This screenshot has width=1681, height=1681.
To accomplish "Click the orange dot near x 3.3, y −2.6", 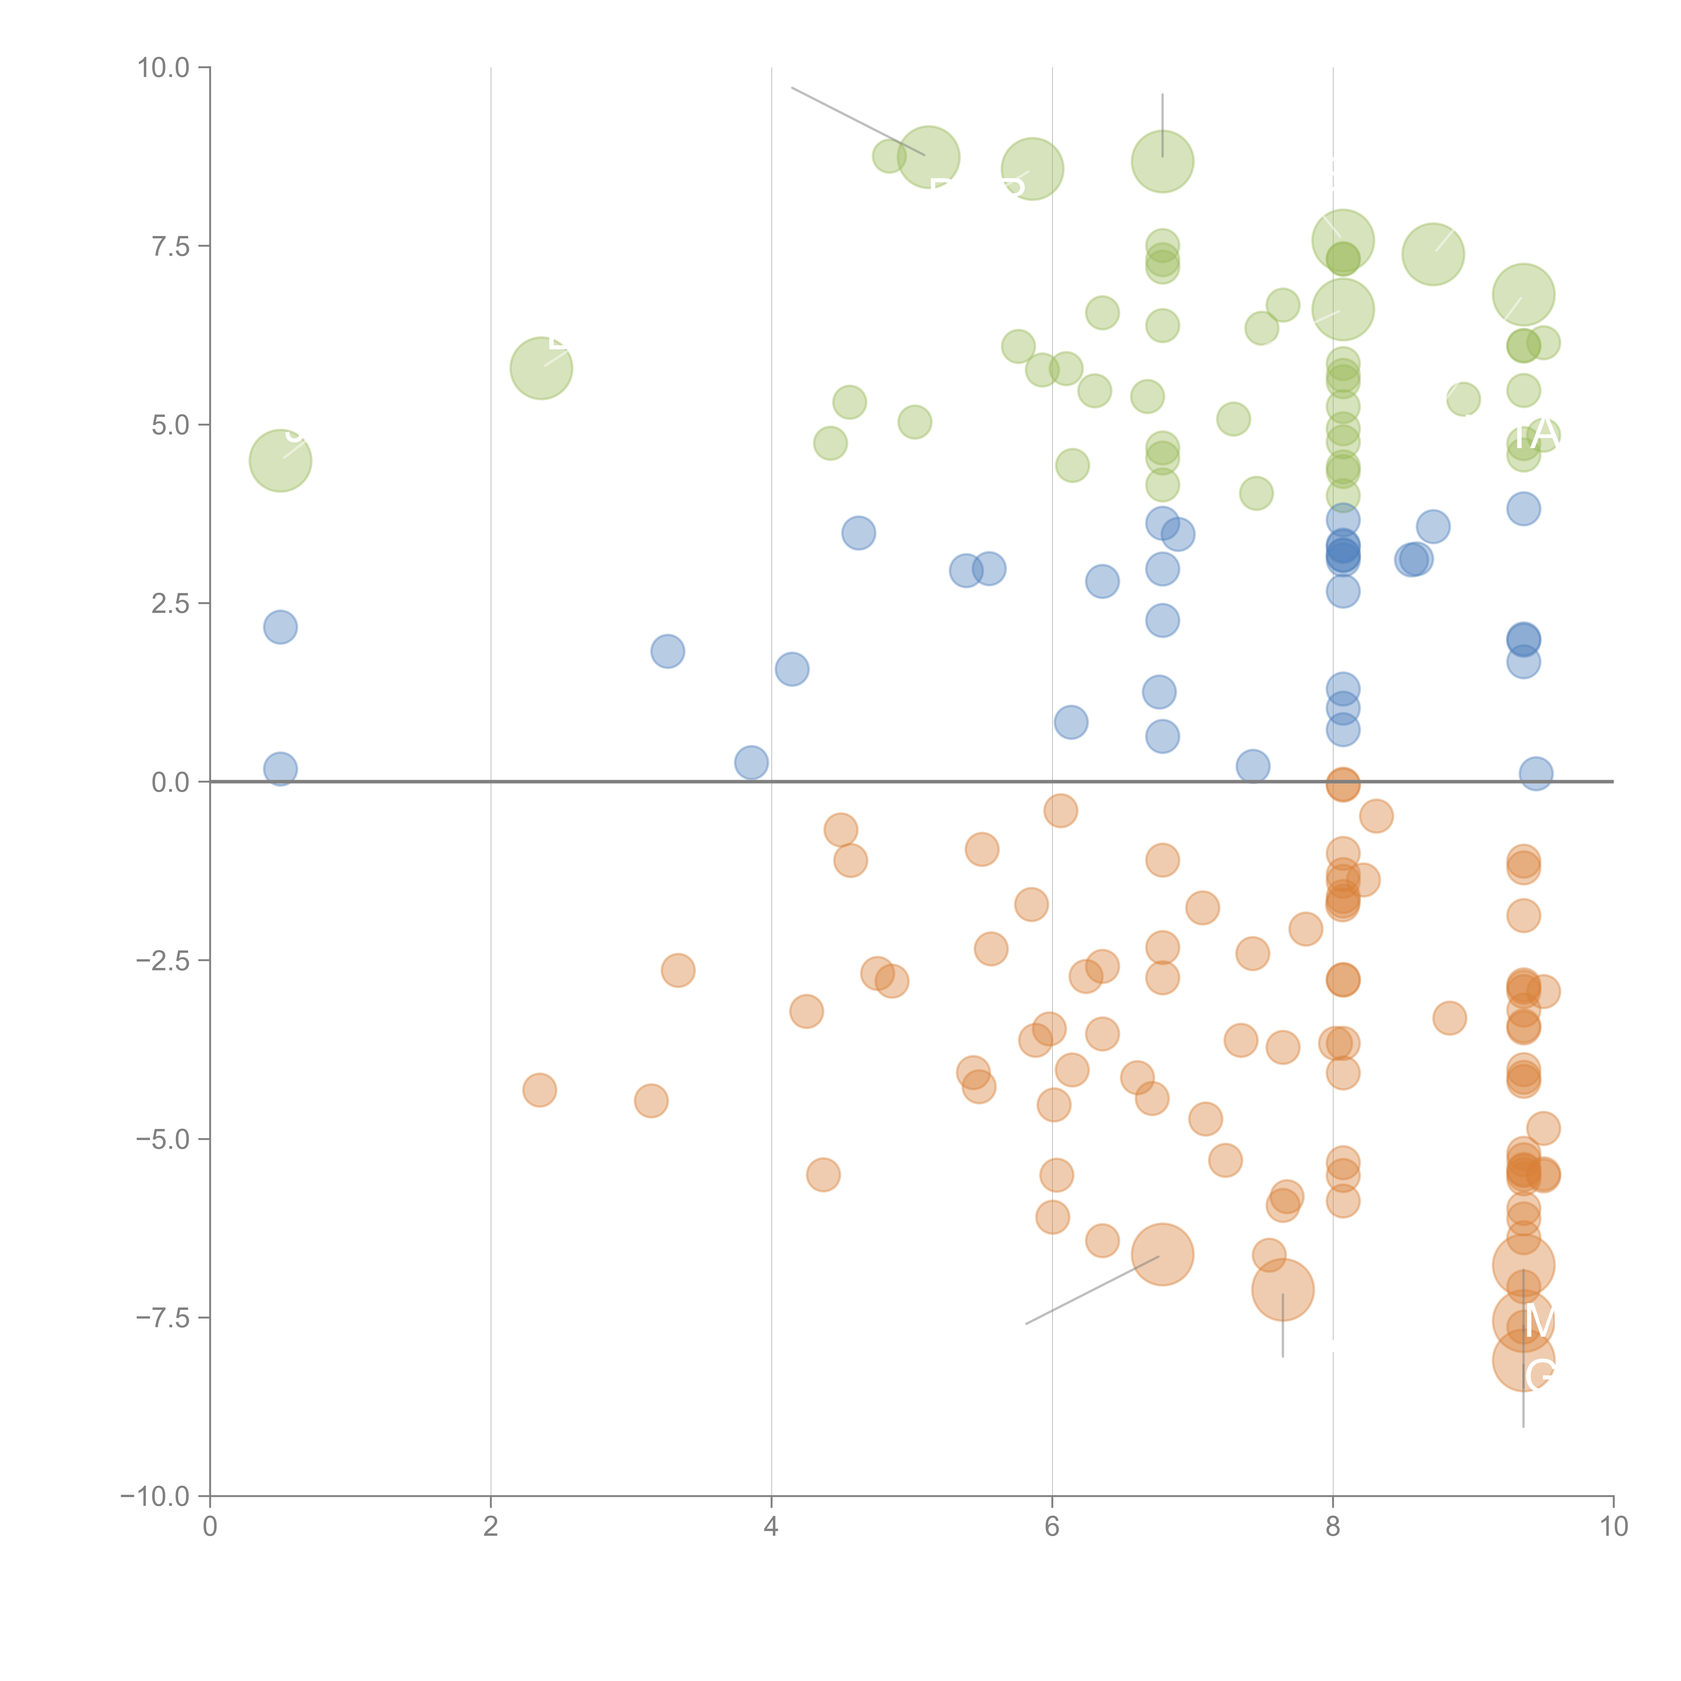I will [678, 970].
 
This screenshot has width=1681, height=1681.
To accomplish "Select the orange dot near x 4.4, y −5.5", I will [823, 1175].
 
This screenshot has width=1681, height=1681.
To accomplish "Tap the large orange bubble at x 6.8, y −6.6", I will [1163, 1254].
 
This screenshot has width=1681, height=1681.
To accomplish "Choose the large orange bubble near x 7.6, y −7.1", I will [1283, 1289].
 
